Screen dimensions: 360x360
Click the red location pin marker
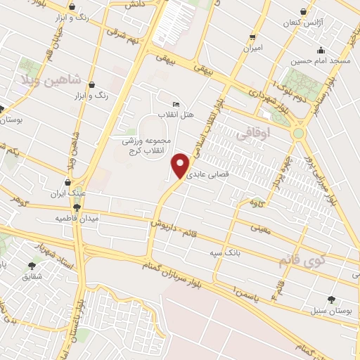[181, 166]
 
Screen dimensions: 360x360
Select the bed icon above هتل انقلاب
[176, 104]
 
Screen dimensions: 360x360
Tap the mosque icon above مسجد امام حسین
[321, 50]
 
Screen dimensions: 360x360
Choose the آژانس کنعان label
[303, 23]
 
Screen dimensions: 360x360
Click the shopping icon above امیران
[252, 37]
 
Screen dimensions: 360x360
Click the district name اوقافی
[254, 132]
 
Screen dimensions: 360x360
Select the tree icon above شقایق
[32, 266]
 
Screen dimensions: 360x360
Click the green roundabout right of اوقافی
[299, 132]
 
